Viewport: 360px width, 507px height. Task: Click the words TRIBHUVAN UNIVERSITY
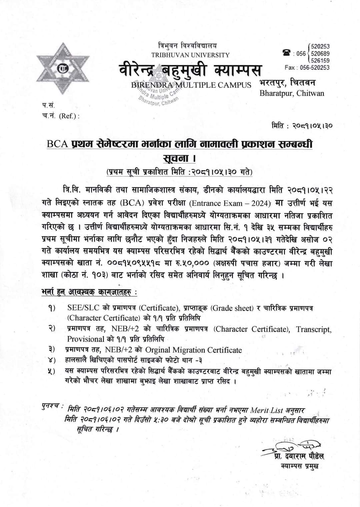coord(190,55)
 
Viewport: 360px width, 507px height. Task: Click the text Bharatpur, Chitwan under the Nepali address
coord(292,93)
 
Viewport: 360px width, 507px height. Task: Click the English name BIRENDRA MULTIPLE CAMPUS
coord(191,85)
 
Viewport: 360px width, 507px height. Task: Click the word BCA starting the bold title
coord(58,144)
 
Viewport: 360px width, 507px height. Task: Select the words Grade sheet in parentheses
coord(232,308)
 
